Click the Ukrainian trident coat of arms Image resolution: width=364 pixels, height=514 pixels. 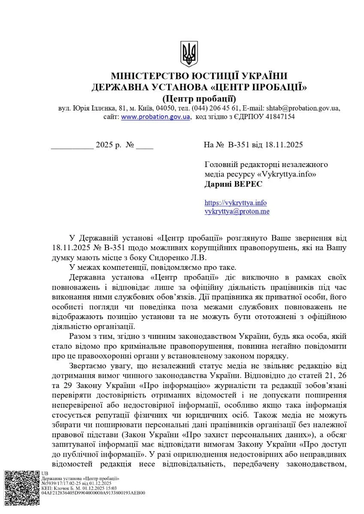189,54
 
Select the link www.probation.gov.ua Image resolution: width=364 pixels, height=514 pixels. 155,117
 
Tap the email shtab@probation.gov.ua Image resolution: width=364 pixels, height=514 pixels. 303,108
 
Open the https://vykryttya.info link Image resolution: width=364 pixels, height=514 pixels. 235,203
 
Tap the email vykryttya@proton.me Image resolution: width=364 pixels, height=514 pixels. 237,211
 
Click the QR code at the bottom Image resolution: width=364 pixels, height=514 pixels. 22,489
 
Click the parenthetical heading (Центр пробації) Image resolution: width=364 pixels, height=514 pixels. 199,98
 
